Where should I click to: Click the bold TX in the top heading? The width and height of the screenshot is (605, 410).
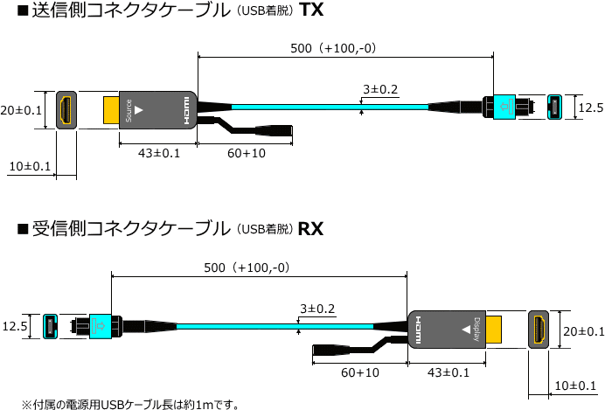pyautogui.click(x=312, y=11)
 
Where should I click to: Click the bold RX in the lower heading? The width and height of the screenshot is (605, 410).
pyautogui.click(x=311, y=230)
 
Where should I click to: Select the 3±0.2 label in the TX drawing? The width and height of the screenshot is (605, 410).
pyautogui.click(x=379, y=89)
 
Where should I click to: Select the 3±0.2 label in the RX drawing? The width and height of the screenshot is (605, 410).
pyautogui.click(x=317, y=309)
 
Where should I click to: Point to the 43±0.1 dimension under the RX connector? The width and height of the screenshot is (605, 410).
pyautogui.click(x=449, y=372)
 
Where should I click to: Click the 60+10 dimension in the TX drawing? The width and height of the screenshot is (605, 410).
pyautogui.click(x=247, y=153)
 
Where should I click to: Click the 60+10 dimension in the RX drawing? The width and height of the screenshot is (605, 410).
pyautogui.click(x=360, y=372)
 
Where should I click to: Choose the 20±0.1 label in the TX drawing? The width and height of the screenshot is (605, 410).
pyautogui.click(x=21, y=110)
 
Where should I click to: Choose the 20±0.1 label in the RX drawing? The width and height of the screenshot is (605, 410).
pyautogui.click(x=583, y=331)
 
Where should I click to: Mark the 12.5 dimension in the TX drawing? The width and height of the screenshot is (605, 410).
pyautogui.click(x=591, y=108)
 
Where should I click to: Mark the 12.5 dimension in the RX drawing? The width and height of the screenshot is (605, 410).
pyautogui.click(x=15, y=327)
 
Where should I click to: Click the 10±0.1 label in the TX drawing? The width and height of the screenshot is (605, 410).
pyautogui.click(x=30, y=166)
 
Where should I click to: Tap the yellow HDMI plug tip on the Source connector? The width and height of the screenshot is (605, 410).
pyautogui.click(x=111, y=110)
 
